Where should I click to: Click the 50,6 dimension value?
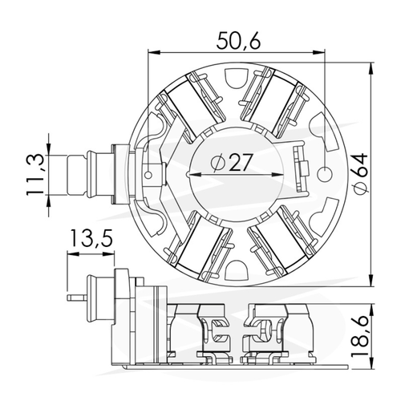[238, 41]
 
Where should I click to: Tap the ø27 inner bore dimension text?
[231, 162]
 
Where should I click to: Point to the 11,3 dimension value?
[34, 175]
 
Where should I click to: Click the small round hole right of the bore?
[326, 174]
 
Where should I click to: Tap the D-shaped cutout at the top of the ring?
[237, 78]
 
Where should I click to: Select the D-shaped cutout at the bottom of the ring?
[236, 270]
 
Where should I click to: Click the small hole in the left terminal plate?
[148, 175]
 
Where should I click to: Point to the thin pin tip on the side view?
[69, 298]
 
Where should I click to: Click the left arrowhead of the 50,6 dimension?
[154, 52]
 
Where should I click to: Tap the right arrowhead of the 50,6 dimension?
[318, 52]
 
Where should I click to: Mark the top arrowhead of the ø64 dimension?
[371, 70]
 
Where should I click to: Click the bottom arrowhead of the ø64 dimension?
[371, 280]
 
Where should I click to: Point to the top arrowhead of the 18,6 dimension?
[371, 311]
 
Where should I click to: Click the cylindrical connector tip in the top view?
[76, 175]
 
